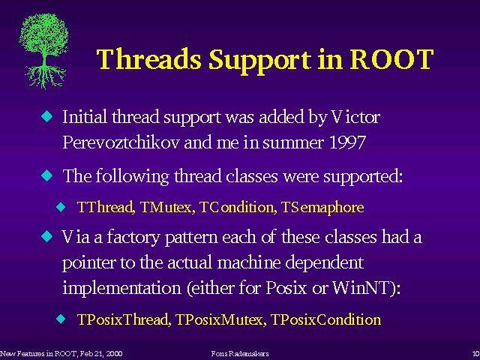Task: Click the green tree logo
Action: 43,51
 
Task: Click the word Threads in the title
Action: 148,59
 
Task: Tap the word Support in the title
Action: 260,61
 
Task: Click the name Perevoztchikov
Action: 121,142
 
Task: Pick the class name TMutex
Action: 167,207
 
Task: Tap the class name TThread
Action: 106,207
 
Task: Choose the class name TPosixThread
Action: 124,319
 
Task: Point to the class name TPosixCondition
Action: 325,319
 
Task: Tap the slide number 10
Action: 476,354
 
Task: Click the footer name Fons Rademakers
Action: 240,354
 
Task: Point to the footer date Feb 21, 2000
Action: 102,354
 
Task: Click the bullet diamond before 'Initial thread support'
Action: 46,116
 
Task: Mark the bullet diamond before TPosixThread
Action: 61,319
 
